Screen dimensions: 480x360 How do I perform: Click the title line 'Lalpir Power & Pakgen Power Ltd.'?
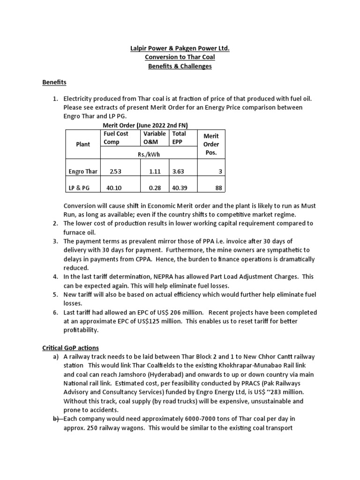180,48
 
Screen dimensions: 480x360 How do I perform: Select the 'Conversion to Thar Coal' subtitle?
180,57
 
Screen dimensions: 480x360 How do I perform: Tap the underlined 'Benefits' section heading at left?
54,82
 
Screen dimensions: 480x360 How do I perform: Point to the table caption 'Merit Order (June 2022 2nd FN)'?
146,125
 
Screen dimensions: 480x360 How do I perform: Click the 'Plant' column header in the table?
83,144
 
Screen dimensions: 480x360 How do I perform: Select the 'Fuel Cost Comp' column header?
116,138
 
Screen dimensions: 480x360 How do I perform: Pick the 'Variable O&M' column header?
154,138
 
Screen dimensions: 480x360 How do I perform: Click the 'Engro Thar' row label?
82,172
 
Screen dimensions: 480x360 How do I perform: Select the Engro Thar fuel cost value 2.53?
115,172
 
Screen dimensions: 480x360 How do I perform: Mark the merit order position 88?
218,187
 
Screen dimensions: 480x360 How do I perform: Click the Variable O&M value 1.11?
155,172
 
